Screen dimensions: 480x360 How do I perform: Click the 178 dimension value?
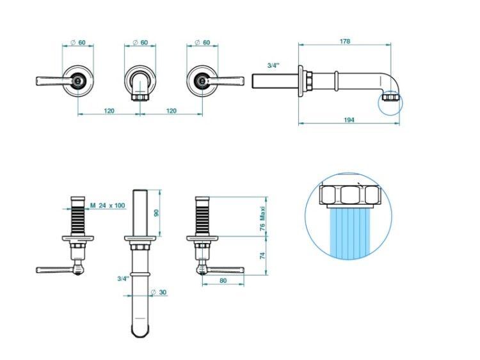point(345,42)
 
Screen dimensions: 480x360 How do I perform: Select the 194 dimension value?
point(349,120)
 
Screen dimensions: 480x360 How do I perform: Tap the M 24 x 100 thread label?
point(108,205)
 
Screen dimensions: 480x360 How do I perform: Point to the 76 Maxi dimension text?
point(262,218)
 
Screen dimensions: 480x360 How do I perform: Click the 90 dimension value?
point(156,213)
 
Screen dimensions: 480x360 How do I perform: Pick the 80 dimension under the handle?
point(223,281)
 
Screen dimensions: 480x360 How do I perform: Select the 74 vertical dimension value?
point(262,256)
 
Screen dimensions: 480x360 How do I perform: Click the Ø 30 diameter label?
point(159,292)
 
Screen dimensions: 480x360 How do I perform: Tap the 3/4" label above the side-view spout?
point(274,65)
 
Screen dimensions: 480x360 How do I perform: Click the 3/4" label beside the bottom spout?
point(124,279)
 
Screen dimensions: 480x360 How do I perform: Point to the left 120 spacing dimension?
point(109,111)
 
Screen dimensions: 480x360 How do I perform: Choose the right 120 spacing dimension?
point(172,111)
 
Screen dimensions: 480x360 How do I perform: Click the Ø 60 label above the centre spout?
point(141,42)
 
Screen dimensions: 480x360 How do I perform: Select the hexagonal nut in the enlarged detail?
point(350,195)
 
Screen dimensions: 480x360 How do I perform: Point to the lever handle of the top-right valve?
point(226,81)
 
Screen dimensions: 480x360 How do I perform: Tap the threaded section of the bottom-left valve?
point(77,220)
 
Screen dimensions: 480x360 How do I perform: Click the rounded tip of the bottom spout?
point(141,331)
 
